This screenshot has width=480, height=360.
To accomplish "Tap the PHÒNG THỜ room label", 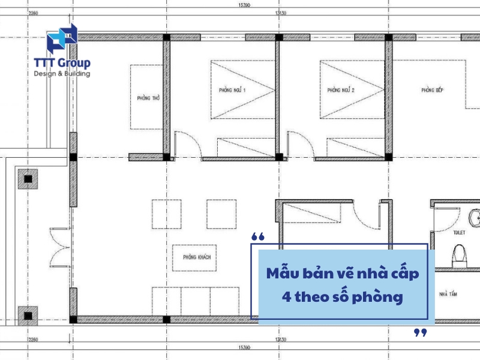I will click(143, 98).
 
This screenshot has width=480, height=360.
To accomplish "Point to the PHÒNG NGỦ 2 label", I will click(341, 91).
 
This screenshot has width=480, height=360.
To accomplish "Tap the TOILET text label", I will click(460, 230).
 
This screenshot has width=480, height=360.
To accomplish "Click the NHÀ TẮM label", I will click(448, 295).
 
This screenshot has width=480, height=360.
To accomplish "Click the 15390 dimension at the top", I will click(243, 5).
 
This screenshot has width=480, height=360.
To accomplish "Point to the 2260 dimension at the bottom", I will click(34, 340).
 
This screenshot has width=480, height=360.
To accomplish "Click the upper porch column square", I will click(27, 178).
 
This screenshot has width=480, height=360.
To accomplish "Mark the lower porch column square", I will click(27, 315).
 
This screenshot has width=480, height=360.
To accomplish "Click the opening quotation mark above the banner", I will click(258, 237).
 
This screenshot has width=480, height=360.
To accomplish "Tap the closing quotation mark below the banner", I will click(421, 332).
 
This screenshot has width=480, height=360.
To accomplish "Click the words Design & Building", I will click(62, 74).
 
